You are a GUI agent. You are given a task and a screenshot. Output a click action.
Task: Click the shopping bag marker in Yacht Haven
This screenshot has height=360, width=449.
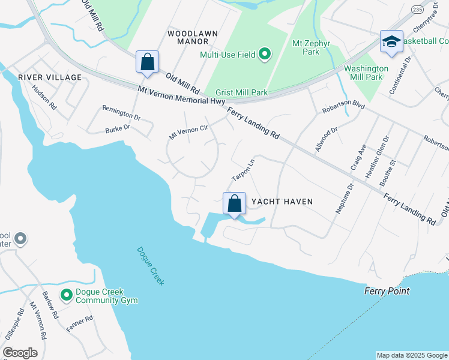pos(234,203)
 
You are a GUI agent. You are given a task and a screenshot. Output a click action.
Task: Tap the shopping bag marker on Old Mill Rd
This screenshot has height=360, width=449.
pos(147,62)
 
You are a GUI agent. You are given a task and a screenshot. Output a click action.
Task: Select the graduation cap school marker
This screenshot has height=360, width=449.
pos(391,42)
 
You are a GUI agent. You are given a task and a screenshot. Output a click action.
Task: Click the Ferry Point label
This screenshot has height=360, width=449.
pos(387,291)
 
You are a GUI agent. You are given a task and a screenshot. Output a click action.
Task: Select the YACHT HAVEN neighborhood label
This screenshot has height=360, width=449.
pos(282,202)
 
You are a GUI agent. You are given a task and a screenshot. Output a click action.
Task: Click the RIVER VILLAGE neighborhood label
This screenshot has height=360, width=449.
pos(49,77)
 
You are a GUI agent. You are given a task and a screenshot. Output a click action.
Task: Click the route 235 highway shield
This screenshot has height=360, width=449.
pos(401,11)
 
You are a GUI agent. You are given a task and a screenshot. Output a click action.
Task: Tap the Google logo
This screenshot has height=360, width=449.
pos(20,352)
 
